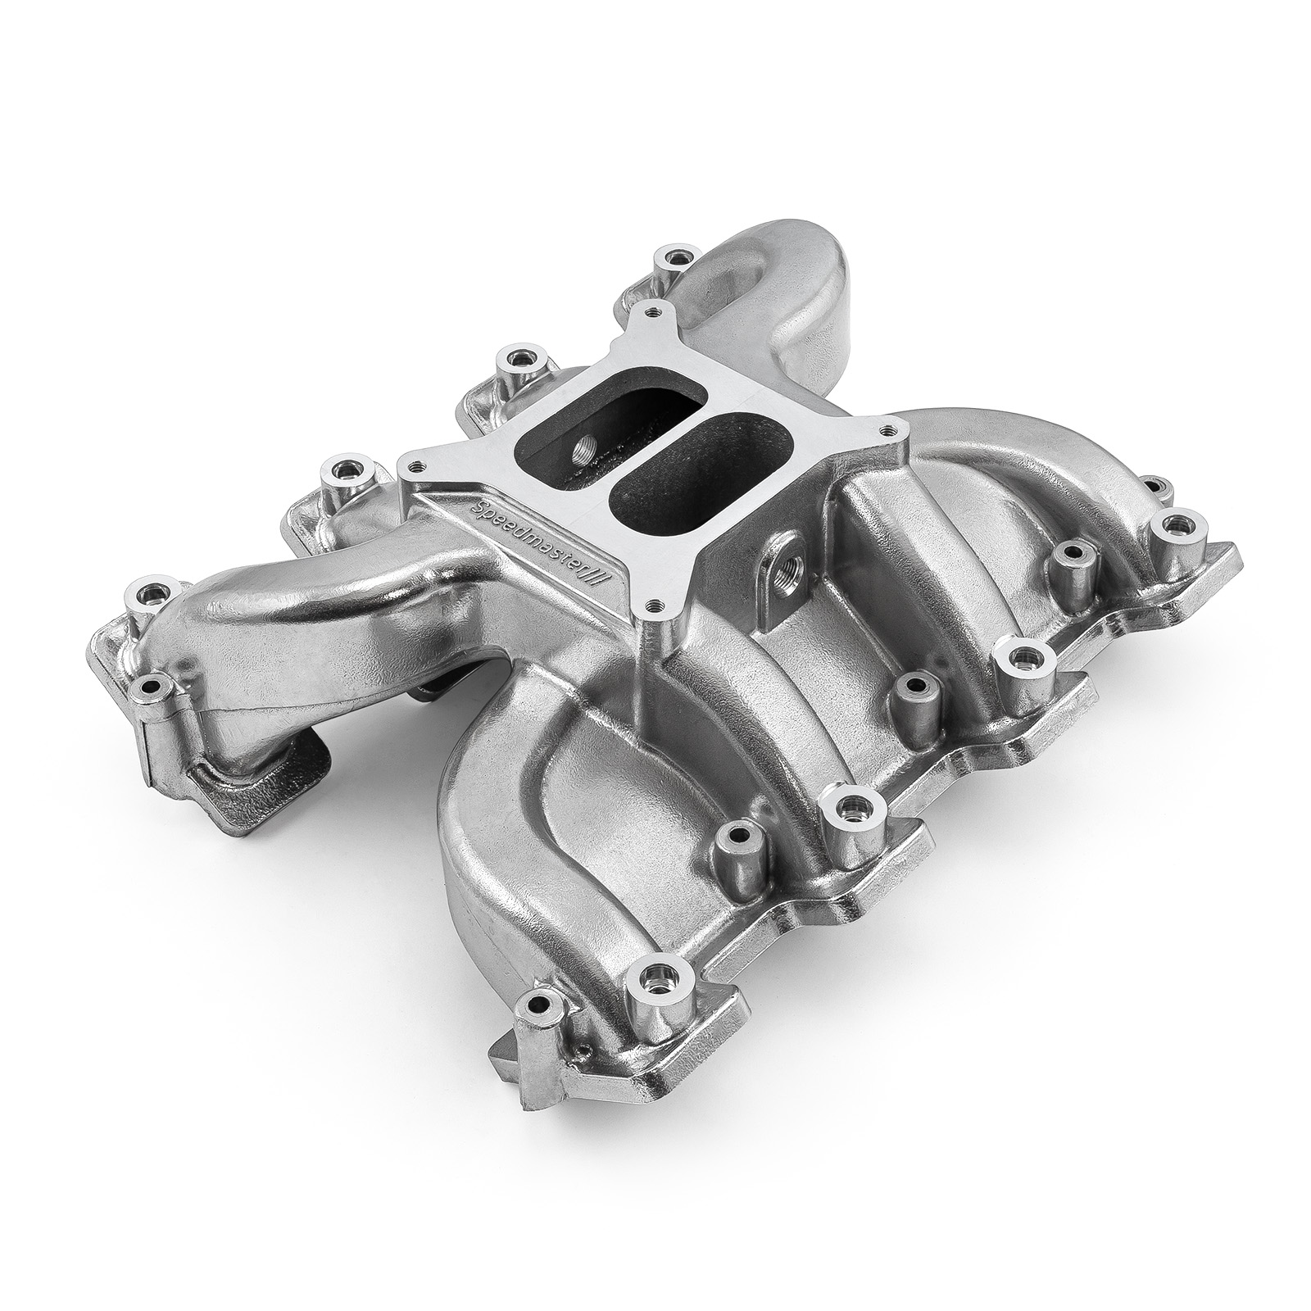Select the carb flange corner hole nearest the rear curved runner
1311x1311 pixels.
pyautogui.click(x=651, y=312)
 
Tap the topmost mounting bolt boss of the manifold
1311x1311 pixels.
pyautogui.click(x=675, y=259)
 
